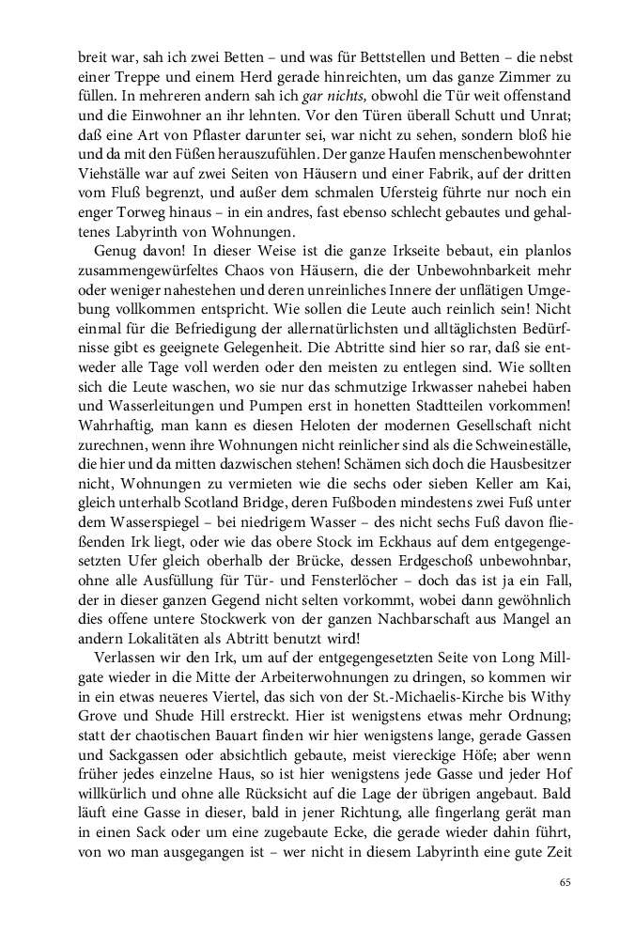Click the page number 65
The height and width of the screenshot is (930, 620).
click(565, 882)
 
